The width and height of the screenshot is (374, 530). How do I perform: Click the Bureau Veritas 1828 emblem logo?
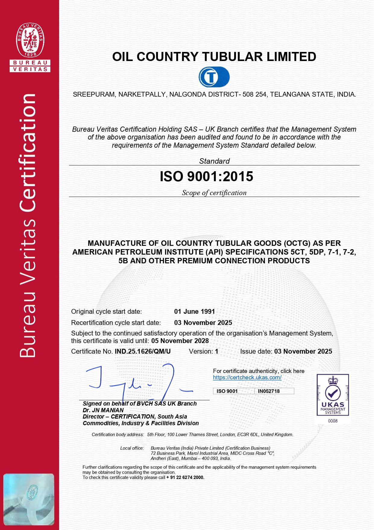30,40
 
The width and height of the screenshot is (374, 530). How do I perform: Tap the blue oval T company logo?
214,77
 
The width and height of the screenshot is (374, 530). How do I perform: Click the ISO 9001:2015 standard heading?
206,177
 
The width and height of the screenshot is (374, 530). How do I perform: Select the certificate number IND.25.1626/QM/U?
143,352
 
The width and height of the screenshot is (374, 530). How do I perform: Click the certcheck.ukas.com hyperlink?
247,377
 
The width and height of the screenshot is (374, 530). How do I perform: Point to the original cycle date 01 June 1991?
194,312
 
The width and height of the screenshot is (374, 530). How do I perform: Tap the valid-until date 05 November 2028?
180,341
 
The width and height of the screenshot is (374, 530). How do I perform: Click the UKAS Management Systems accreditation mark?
333,395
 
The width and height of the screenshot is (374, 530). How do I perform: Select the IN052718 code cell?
269,391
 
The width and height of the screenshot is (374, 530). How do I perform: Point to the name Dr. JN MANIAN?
103,410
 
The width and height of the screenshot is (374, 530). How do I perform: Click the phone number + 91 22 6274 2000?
185,477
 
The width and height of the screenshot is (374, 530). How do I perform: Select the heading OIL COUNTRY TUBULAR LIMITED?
214,57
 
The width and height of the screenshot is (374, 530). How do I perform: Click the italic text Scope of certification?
214,193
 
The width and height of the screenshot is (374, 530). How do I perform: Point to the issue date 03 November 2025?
303,352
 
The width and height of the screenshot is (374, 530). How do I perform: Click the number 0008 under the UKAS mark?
333,421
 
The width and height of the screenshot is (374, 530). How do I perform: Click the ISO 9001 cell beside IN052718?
227,391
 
